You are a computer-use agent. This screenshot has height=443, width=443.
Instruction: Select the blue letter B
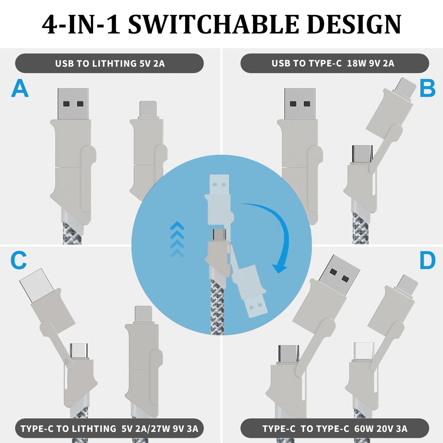(x=427, y=88)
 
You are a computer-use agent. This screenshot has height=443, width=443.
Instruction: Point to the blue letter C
(x=19, y=260)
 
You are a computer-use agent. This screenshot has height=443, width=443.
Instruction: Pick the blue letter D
(x=427, y=260)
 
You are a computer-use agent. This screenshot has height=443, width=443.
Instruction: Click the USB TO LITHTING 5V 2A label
(x=110, y=63)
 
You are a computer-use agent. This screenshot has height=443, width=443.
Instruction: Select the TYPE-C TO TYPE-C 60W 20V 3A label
(x=335, y=429)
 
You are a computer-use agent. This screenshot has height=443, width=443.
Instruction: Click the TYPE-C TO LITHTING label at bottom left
(x=110, y=429)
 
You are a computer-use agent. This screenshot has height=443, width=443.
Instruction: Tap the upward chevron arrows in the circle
(x=177, y=239)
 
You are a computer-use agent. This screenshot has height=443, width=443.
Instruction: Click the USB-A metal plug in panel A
(x=73, y=104)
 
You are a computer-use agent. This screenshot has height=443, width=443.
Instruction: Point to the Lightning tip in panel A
(x=148, y=110)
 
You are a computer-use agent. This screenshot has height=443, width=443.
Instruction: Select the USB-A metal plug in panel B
(x=300, y=104)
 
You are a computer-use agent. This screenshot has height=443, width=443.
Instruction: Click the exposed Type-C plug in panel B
(x=362, y=154)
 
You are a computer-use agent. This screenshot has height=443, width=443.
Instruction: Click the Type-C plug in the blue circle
(x=219, y=235)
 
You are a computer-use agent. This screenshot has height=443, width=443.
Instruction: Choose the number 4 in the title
(x=51, y=24)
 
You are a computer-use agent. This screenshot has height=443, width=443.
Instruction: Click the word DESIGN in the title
(x=354, y=24)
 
